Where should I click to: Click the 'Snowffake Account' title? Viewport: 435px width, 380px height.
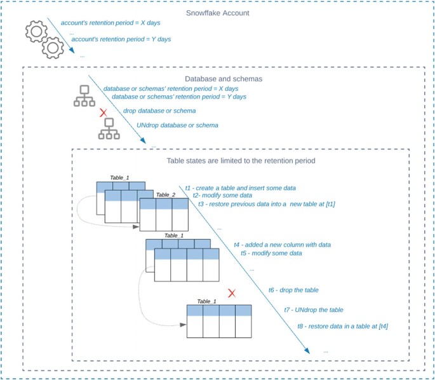tap(217, 13)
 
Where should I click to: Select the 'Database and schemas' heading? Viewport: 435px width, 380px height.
tap(224, 79)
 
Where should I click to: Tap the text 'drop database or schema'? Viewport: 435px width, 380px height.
tap(159, 111)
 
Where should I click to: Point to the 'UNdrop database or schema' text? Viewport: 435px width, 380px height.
tap(177, 125)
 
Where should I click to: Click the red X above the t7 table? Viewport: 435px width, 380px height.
tap(232, 293)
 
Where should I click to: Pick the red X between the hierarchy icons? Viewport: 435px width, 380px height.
tap(104, 112)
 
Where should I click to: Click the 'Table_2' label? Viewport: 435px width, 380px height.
tap(166, 195)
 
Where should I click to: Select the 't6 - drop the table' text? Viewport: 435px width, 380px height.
tap(293, 290)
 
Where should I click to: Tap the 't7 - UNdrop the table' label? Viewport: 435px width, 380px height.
tap(314, 309)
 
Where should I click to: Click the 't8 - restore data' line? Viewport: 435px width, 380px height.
tap(343, 326)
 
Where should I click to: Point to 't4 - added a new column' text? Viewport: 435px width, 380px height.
tap(283, 245)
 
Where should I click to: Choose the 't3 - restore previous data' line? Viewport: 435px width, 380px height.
tap(267, 204)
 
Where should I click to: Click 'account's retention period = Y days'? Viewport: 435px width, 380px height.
tap(121, 39)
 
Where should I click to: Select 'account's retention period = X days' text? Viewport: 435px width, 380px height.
tap(110, 23)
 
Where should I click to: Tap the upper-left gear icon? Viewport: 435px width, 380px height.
tap(36, 31)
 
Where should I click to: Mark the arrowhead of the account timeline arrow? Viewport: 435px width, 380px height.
tap(72, 50)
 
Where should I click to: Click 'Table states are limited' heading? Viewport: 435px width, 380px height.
tap(241, 161)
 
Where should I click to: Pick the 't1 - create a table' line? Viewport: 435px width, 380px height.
tap(240, 188)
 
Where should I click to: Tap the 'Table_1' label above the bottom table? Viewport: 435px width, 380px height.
tap(206, 301)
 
